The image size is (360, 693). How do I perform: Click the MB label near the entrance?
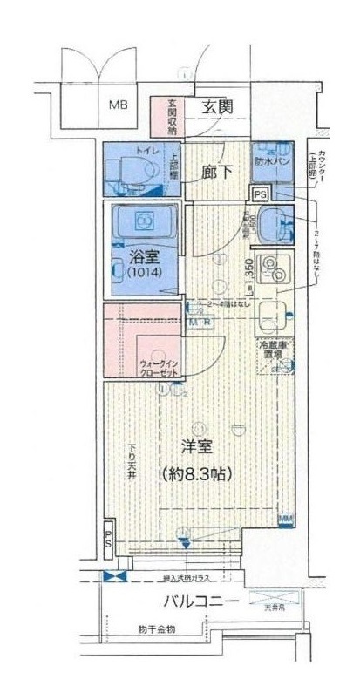coord(117,105)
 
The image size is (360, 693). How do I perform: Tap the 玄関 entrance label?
coord(215,108)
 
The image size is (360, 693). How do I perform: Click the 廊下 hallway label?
coord(218,172)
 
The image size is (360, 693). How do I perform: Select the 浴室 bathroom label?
coord(143,257)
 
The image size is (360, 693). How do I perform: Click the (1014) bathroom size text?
coord(143,273)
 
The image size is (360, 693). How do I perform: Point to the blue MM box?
coord(285,520)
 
